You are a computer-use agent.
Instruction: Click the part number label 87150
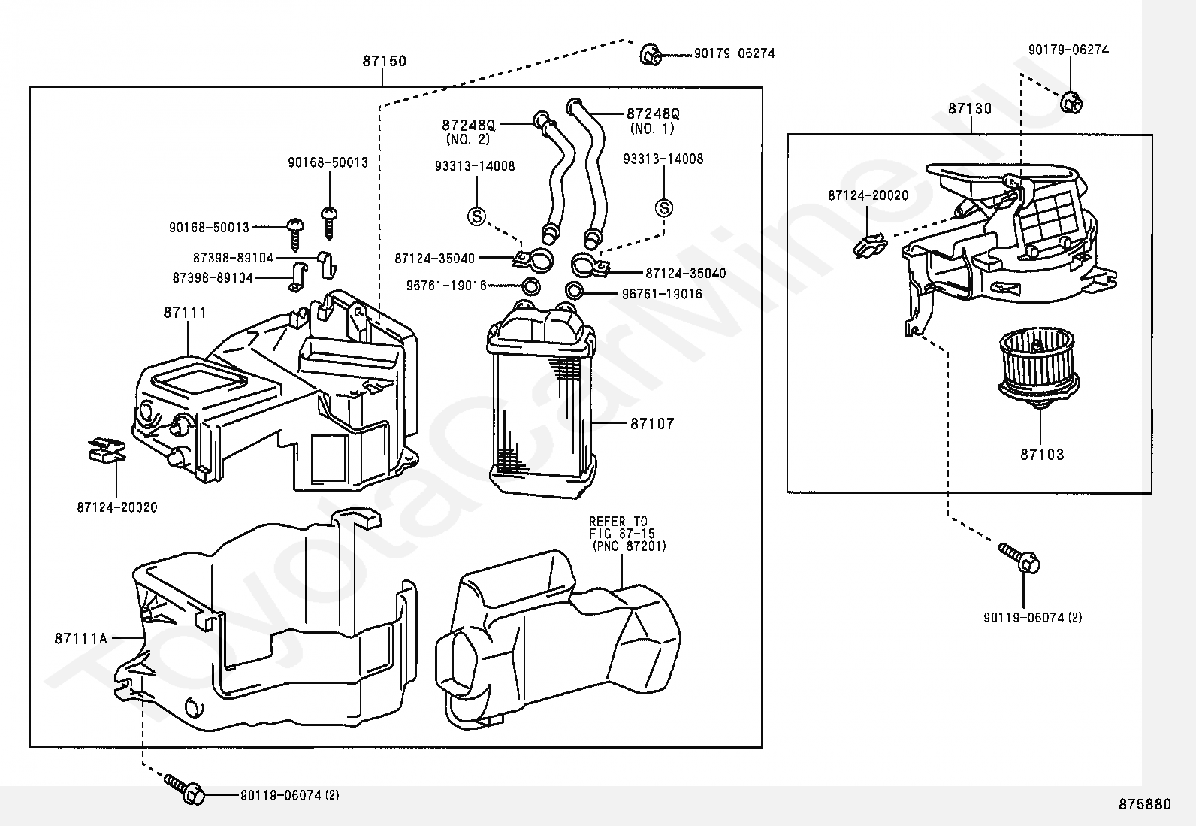385,61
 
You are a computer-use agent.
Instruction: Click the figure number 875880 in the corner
1144,804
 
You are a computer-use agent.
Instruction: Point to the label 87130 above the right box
970,109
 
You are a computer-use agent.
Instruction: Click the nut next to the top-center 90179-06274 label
651,54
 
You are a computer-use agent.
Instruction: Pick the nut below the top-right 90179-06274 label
1071,102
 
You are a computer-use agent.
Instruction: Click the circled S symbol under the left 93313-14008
476,216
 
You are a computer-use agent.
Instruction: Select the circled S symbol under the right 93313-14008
664,208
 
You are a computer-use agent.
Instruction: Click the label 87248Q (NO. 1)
653,121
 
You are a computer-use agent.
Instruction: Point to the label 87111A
81,638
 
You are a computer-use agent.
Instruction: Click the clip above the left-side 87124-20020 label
107,450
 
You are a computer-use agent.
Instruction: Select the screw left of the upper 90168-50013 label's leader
295,234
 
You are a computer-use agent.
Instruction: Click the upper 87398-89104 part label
234,258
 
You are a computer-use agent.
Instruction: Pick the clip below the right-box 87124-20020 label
869,247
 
